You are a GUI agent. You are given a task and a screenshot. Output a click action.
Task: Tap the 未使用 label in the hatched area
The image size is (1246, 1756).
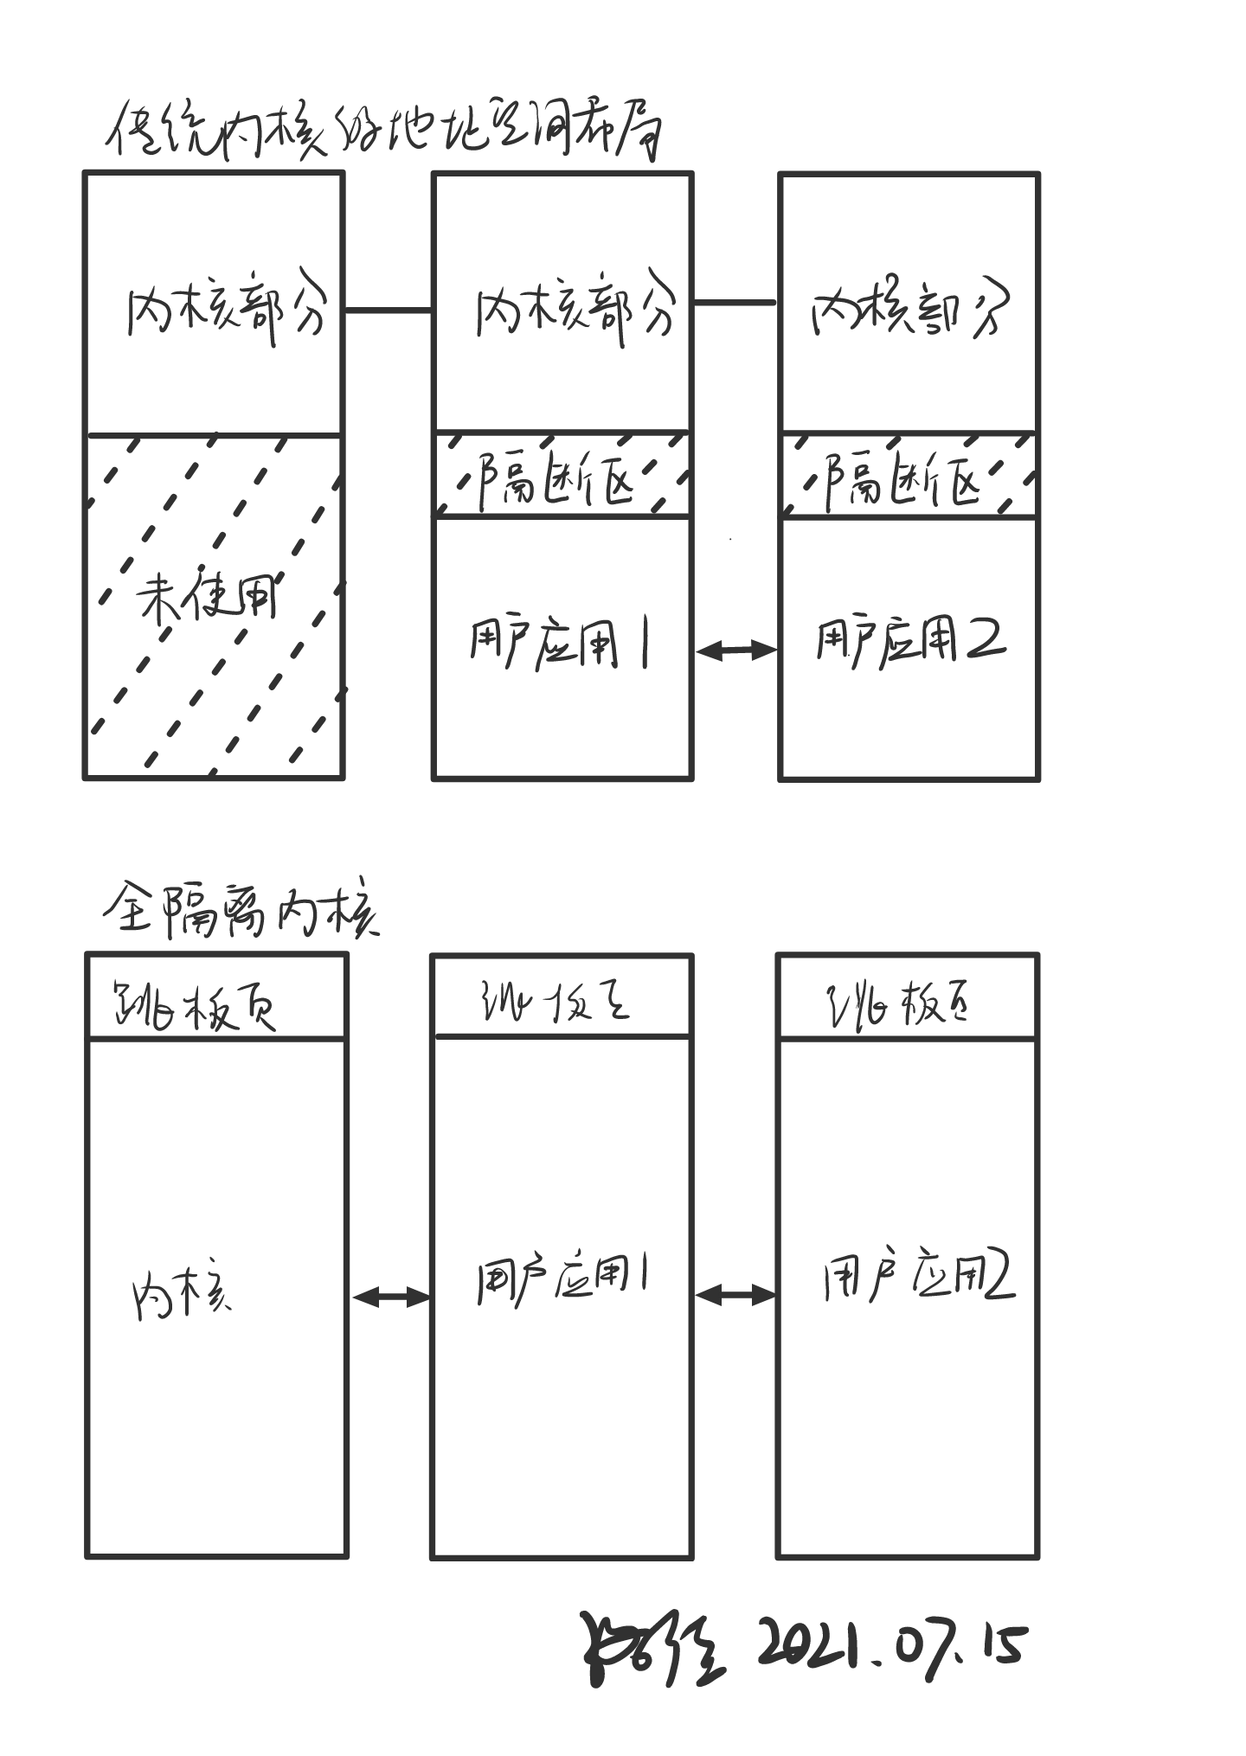(x=208, y=596)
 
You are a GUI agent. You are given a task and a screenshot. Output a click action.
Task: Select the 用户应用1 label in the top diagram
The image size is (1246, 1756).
(x=560, y=644)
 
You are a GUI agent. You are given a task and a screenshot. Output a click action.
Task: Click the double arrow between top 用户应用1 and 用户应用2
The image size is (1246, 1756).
(x=736, y=650)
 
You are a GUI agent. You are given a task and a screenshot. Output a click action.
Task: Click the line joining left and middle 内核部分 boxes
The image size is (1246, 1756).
(x=389, y=310)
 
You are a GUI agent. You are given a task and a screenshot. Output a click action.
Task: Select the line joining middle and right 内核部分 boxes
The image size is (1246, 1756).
(x=735, y=303)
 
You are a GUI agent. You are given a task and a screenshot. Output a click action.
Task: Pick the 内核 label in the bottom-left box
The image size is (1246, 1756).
(x=182, y=1295)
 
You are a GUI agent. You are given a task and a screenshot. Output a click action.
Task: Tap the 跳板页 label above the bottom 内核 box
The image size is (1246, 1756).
(x=195, y=1006)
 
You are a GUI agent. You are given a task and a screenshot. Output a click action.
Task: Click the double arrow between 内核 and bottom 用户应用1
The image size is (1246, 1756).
(x=391, y=1296)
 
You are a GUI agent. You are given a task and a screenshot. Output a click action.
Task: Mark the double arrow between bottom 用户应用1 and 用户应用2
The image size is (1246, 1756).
(x=735, y=1295)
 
